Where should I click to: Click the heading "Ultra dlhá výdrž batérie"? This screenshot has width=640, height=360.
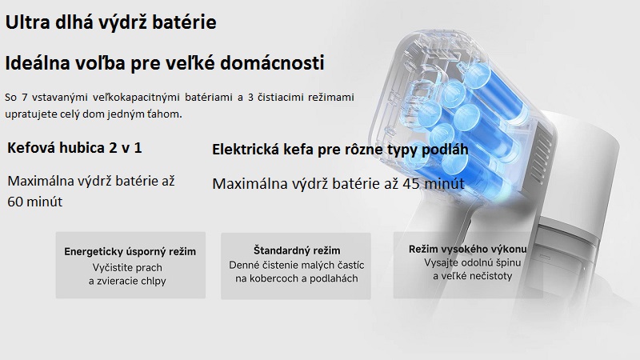110,22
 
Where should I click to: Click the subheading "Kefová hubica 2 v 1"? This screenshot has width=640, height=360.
74,148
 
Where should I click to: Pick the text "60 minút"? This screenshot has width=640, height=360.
34,202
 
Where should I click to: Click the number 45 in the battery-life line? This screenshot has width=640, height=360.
411,184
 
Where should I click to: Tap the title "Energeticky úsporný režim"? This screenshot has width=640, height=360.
130,251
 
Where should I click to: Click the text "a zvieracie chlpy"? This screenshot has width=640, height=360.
127,282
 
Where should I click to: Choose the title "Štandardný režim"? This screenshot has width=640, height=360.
297,250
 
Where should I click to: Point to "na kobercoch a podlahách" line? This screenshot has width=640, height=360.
297,278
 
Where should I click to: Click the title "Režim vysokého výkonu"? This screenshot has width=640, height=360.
468,249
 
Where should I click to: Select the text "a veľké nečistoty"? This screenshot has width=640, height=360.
473,276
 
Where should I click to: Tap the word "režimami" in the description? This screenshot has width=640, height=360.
331,98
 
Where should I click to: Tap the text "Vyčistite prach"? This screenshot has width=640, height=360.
127,268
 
